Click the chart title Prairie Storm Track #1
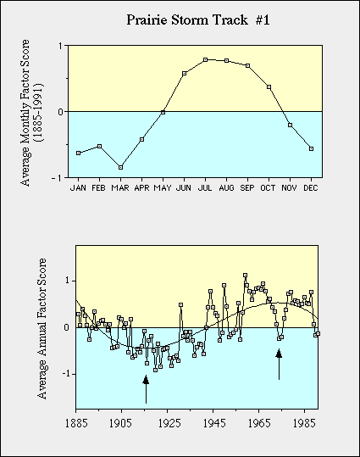(x=198, y=20)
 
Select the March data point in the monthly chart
(x=120, y=167)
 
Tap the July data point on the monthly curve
(x=205, y=59)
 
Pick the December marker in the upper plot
(x=311, y=148)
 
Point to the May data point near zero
(x=163, y=112)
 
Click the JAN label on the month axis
(x=78, y=188)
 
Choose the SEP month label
(x=247, y=188)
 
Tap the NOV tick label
(x=290, y=188)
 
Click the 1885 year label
(x=76, y=423)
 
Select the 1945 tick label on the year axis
(x=214, y=423)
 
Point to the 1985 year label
(x=304, y=423)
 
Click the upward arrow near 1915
(x=146, y=389)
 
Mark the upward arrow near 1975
(x=279, y=365)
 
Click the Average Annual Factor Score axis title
(x=42, y=328)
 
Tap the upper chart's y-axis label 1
(x=61, y=46)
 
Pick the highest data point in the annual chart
(x=246, y=275)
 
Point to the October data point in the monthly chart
(x=269, y=87)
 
